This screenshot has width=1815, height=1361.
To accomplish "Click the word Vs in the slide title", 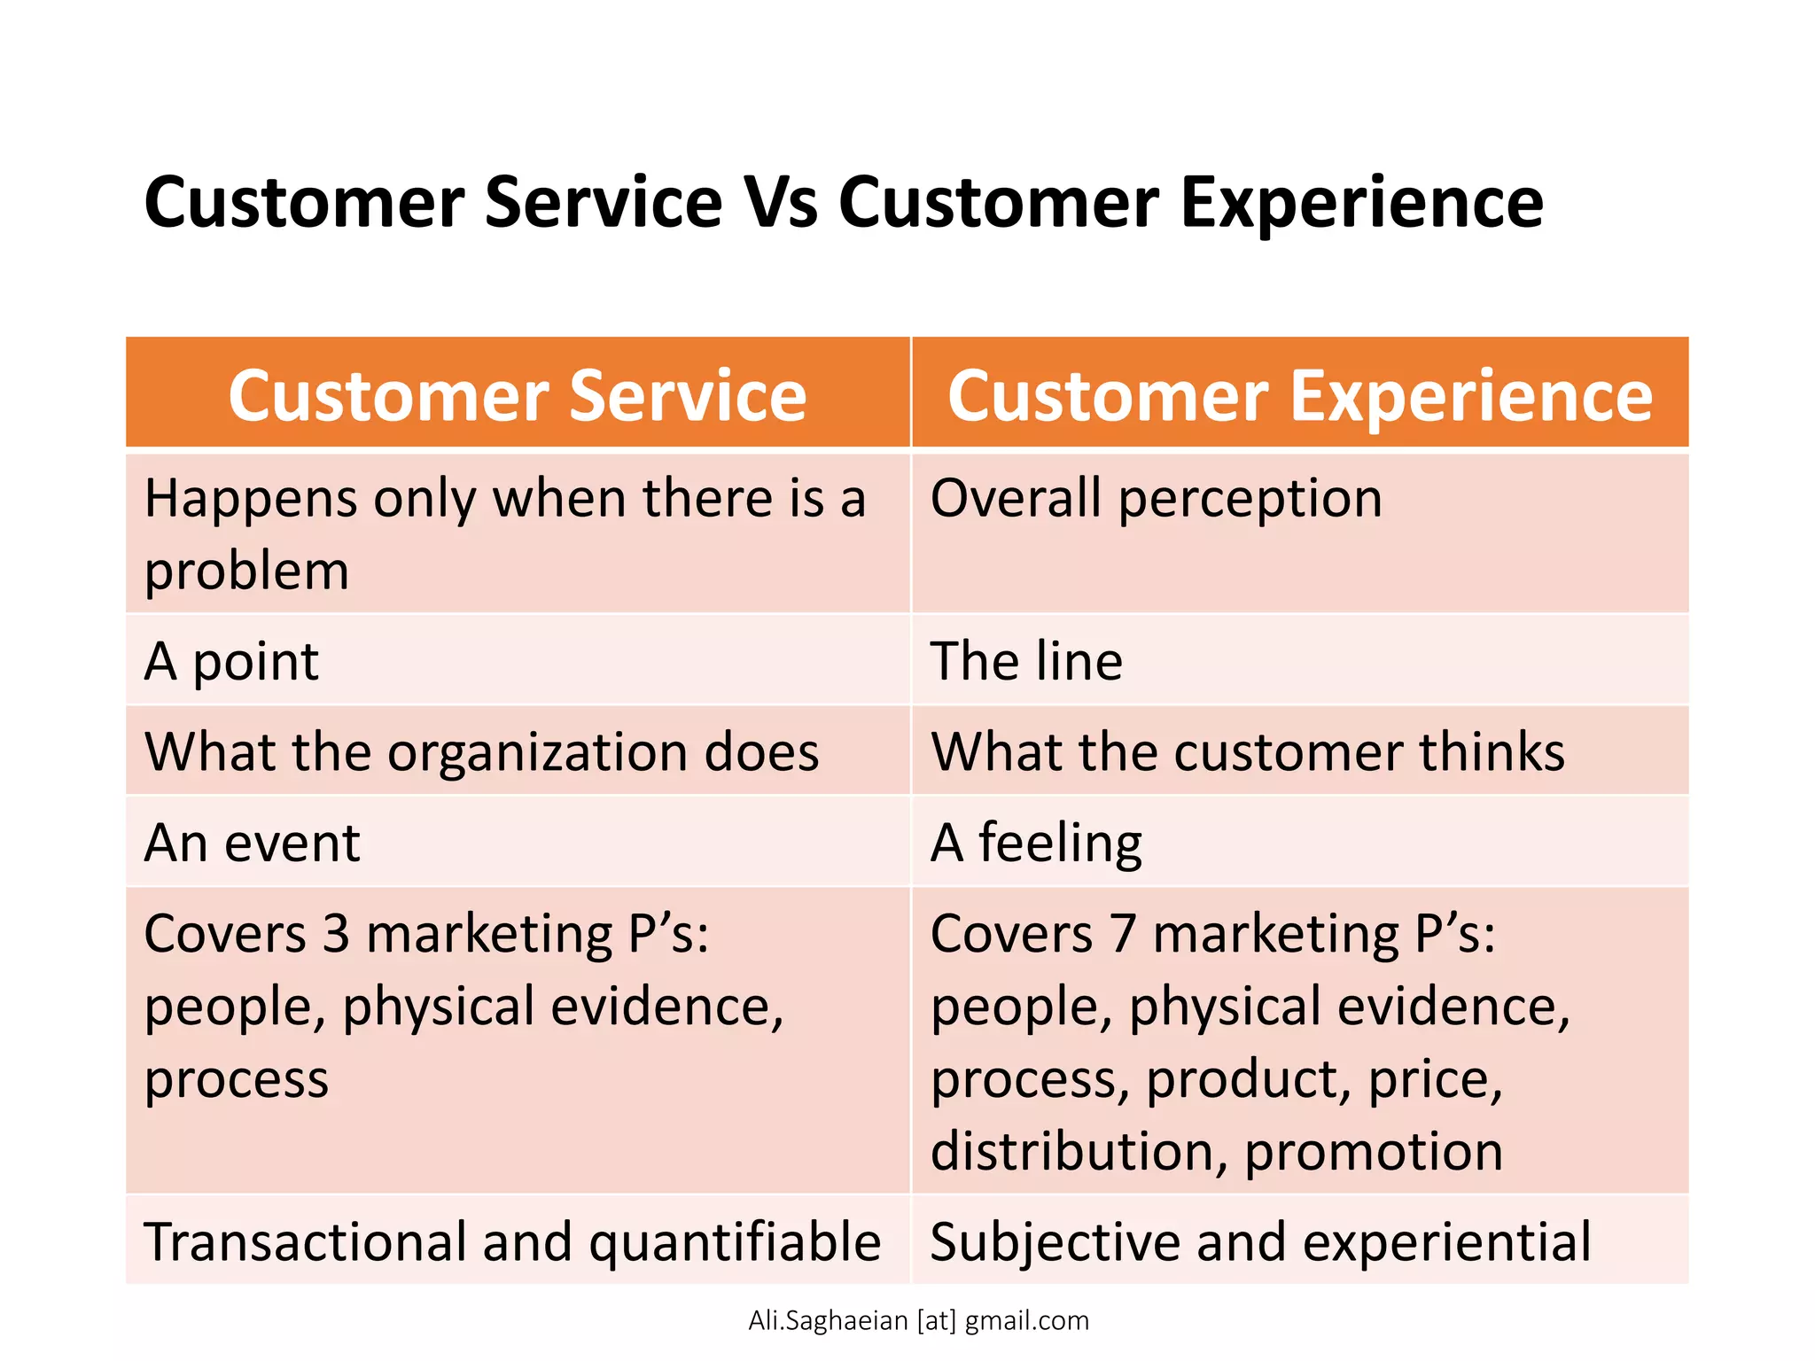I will tap(780, 204).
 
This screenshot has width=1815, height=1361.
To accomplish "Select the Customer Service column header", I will tap(518, 395).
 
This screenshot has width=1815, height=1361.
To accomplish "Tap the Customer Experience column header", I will tap(1300, 395).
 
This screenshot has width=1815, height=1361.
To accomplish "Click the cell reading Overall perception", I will tap(1156, 499).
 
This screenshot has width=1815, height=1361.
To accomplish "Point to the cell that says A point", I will tap(231, 662).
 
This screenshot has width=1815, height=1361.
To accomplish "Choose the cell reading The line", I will tap(1026, 662).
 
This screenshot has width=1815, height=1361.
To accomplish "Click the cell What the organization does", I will tap(481, 752).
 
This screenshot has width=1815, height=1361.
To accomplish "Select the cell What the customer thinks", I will tap(1248, 752).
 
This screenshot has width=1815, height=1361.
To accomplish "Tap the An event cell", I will tap(252, 843).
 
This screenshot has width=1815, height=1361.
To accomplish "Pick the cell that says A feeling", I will tap(1036, 843).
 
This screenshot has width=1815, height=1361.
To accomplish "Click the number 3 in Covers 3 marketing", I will tap(336, 935).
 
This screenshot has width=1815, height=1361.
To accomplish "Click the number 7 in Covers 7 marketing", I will tap(1123, 935).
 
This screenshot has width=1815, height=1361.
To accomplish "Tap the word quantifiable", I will tap(735, 1242).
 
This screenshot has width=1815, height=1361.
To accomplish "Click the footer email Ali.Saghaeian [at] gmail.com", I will tap(918, 1321).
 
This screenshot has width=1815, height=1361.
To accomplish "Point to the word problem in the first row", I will tap(246, 572).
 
